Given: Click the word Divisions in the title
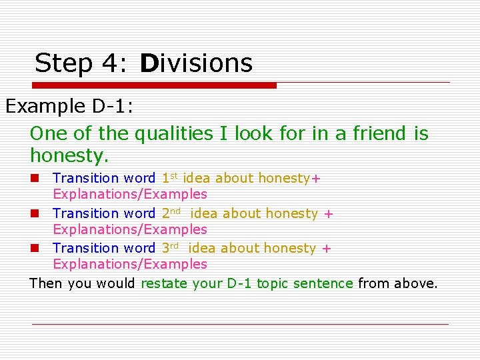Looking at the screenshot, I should [x=197, y=63].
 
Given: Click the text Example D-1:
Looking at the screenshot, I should [x=69, y=107].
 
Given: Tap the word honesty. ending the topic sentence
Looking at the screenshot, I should [x=69, y=156].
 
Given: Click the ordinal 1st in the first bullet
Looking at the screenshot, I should [x=169, y=178].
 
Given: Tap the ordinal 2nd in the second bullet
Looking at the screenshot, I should [x=171, y=213].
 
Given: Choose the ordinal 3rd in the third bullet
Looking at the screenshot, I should [x=171, y=247].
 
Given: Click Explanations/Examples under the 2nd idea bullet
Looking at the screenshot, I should [x=130, y=229].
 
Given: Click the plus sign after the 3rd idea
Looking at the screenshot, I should [x=326, y=248].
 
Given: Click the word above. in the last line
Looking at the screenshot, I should [x=417, y=283].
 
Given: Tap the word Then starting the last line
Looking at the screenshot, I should [x=46, y=283].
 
